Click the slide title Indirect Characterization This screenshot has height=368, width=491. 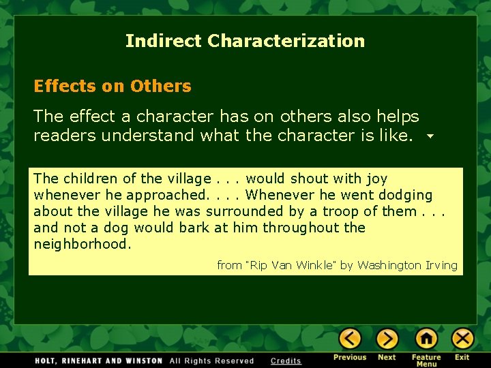point(245,41)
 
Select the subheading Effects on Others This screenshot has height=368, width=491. point(113,87)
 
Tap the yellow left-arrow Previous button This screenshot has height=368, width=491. point(351,339)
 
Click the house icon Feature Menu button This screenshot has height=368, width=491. point(426,339)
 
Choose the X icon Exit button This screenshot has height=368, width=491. point(462,339)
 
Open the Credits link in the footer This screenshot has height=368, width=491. point(286,361)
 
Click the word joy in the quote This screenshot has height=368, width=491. point(376,179)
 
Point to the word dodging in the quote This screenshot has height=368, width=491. point(406,196)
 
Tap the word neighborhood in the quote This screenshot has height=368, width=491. point(81,245)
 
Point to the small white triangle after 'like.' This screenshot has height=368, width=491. point(430,136)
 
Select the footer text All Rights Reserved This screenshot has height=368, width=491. point(211,361)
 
